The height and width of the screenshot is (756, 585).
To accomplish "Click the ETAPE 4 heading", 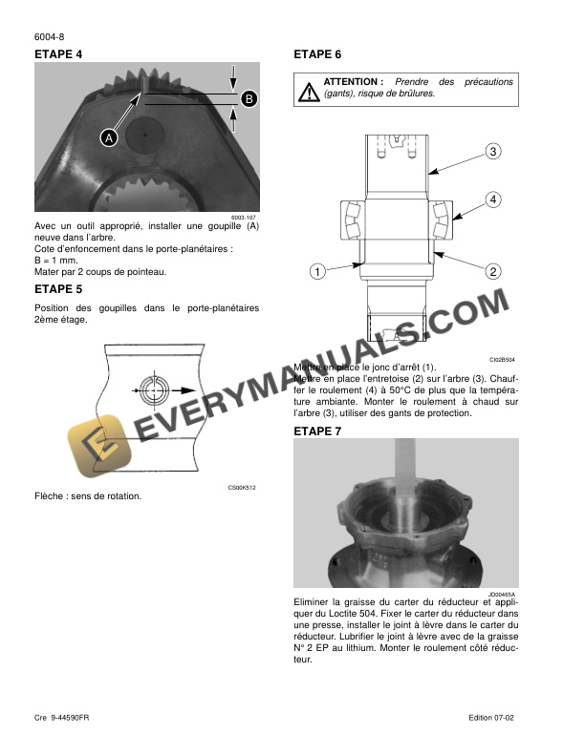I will (x=58, y=54).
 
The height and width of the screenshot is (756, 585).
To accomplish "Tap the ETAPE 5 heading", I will (x=58, y=287).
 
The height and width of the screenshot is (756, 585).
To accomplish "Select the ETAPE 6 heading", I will (x=317, y=54).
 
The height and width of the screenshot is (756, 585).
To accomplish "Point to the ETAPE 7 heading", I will (x=317, y=431).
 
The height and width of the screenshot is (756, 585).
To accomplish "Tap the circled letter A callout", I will (x=109, y=138).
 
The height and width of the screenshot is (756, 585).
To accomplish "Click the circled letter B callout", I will (x=248, y=99).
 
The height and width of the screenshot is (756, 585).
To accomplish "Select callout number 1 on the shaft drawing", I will (x=315, y=271).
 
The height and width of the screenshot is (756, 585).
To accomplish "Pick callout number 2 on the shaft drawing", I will (x=493, y=271).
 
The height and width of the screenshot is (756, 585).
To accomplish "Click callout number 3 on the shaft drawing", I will (x=493, y=152).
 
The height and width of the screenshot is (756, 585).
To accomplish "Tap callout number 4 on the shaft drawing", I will (x=493, y=199).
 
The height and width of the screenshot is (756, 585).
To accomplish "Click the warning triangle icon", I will (x=309, y=91).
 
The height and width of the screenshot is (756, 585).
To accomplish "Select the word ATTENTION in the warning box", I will (x=353, y=82).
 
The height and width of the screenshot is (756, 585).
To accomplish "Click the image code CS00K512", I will (x=241, y=488).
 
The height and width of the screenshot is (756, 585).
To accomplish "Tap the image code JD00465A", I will (x=501, y=594).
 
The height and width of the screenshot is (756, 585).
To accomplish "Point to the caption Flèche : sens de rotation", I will (x=88, y=496).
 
